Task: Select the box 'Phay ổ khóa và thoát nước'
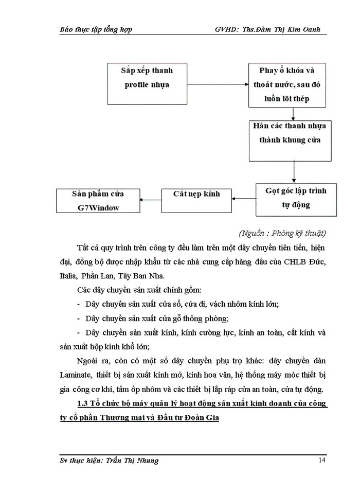pos(287,84)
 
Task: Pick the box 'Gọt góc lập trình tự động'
pos(296,199)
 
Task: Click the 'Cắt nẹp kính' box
pos(196,200)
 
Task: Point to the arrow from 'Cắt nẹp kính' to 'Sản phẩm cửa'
pos(151,200)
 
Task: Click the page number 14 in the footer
pos(321,460)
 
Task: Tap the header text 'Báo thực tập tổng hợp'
pos(96,29)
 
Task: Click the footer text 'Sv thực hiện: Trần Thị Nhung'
pos(109,461)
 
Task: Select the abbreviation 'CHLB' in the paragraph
pos(295,262)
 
